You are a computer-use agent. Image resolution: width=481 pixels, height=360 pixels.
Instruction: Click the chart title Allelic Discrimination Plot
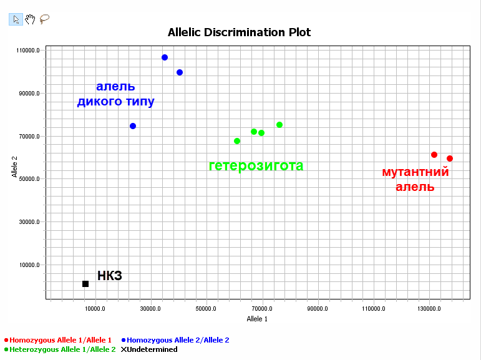[239, 32]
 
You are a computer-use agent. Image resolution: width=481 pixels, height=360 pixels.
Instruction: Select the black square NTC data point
[85, 284]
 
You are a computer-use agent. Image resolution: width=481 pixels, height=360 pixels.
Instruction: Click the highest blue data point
[165, 57]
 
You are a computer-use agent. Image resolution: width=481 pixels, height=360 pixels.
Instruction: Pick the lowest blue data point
[133, 126]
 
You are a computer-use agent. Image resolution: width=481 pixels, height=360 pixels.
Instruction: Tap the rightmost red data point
[450, 158]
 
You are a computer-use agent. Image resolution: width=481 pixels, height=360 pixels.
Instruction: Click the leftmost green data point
[237, 141]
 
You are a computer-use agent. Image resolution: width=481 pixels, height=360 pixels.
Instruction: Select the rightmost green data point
[279, 125]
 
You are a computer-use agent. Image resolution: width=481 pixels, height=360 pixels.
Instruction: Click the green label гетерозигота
[256, 166]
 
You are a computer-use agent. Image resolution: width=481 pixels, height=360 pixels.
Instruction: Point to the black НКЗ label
[110, 276]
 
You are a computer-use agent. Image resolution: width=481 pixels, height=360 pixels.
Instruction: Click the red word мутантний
[415, 172]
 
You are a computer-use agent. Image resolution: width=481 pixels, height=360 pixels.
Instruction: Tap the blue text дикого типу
[116, 101]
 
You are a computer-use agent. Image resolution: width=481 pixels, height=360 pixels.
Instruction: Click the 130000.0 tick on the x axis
[429, 308]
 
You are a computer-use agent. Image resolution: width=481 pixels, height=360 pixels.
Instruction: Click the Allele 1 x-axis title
[257, 319]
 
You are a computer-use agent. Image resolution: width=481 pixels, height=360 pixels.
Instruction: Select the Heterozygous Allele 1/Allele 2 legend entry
[60, 349]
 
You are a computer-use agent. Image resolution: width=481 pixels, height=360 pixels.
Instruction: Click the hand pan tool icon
[30, 19]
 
